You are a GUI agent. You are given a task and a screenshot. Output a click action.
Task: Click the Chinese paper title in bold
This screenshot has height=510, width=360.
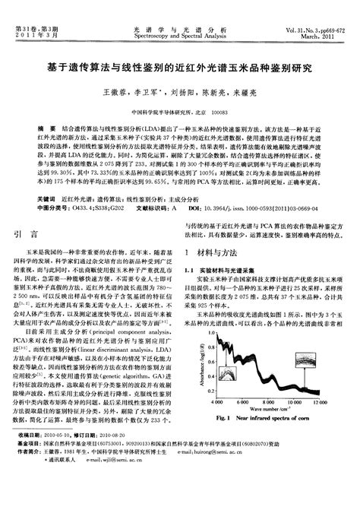[179, 68]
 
